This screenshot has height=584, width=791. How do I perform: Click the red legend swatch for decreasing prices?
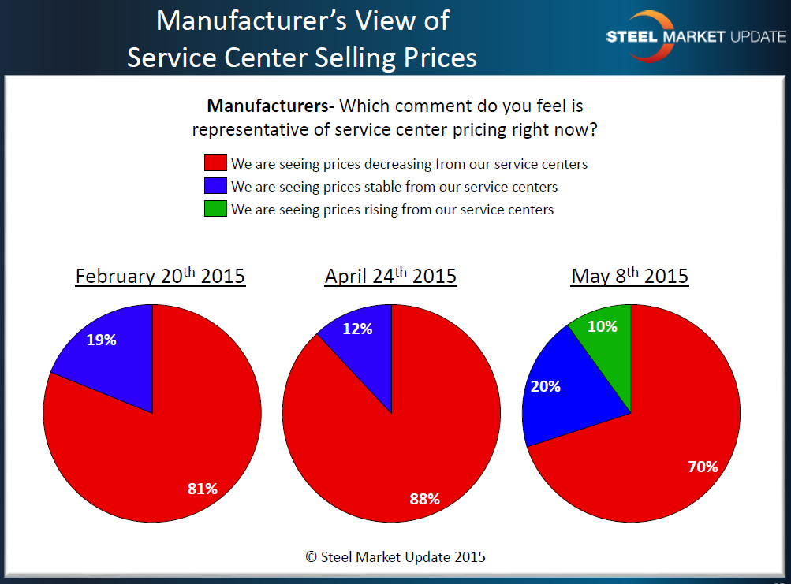click(215, 164)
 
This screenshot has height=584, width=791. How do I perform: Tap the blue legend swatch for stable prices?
click(215, 187)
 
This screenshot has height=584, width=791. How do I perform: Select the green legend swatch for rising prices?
click(215, 209)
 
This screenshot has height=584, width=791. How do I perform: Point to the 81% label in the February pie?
click(202, 489)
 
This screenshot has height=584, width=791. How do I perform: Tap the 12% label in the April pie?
click(357, 329)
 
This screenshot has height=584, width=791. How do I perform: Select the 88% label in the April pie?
click(424, 498)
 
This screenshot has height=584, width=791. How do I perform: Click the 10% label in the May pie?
click(603, 326)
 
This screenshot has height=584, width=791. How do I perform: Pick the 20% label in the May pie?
click(546, 386)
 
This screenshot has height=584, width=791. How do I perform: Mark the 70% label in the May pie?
click(702, 467)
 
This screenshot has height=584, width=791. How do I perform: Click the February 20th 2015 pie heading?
click(160, 277)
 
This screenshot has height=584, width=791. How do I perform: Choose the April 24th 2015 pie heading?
click(390, 277)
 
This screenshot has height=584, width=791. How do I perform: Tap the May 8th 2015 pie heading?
click(630, 277)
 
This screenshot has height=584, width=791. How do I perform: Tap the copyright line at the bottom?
click(395, 556)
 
